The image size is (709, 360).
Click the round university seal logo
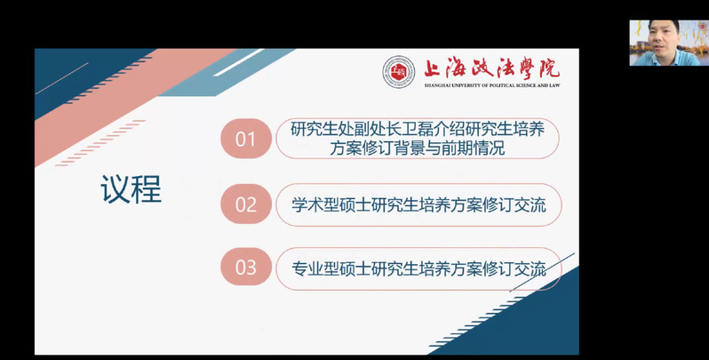pyautogui.click(x=398, y=72)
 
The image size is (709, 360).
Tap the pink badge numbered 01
pyautogui.click(x=245, y=139)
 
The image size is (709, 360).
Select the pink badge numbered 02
pyautogui.click(x=245, y=204)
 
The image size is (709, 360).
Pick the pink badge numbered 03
pyautogui.click(x=245, y=268)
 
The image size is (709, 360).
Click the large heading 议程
pyautogui.click(x=131, y=189)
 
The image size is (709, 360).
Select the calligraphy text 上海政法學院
pyautogui.click(x=492, y=68)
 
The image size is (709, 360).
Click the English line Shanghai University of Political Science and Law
pyautogui.click(x=492, y=85)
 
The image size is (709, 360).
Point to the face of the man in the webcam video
pyautogui.click(x=665, y=37)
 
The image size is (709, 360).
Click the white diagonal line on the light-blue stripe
pyautogui.click(x=239, y=62)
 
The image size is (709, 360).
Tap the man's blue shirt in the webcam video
pyautogui.click(x=668, y=59)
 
